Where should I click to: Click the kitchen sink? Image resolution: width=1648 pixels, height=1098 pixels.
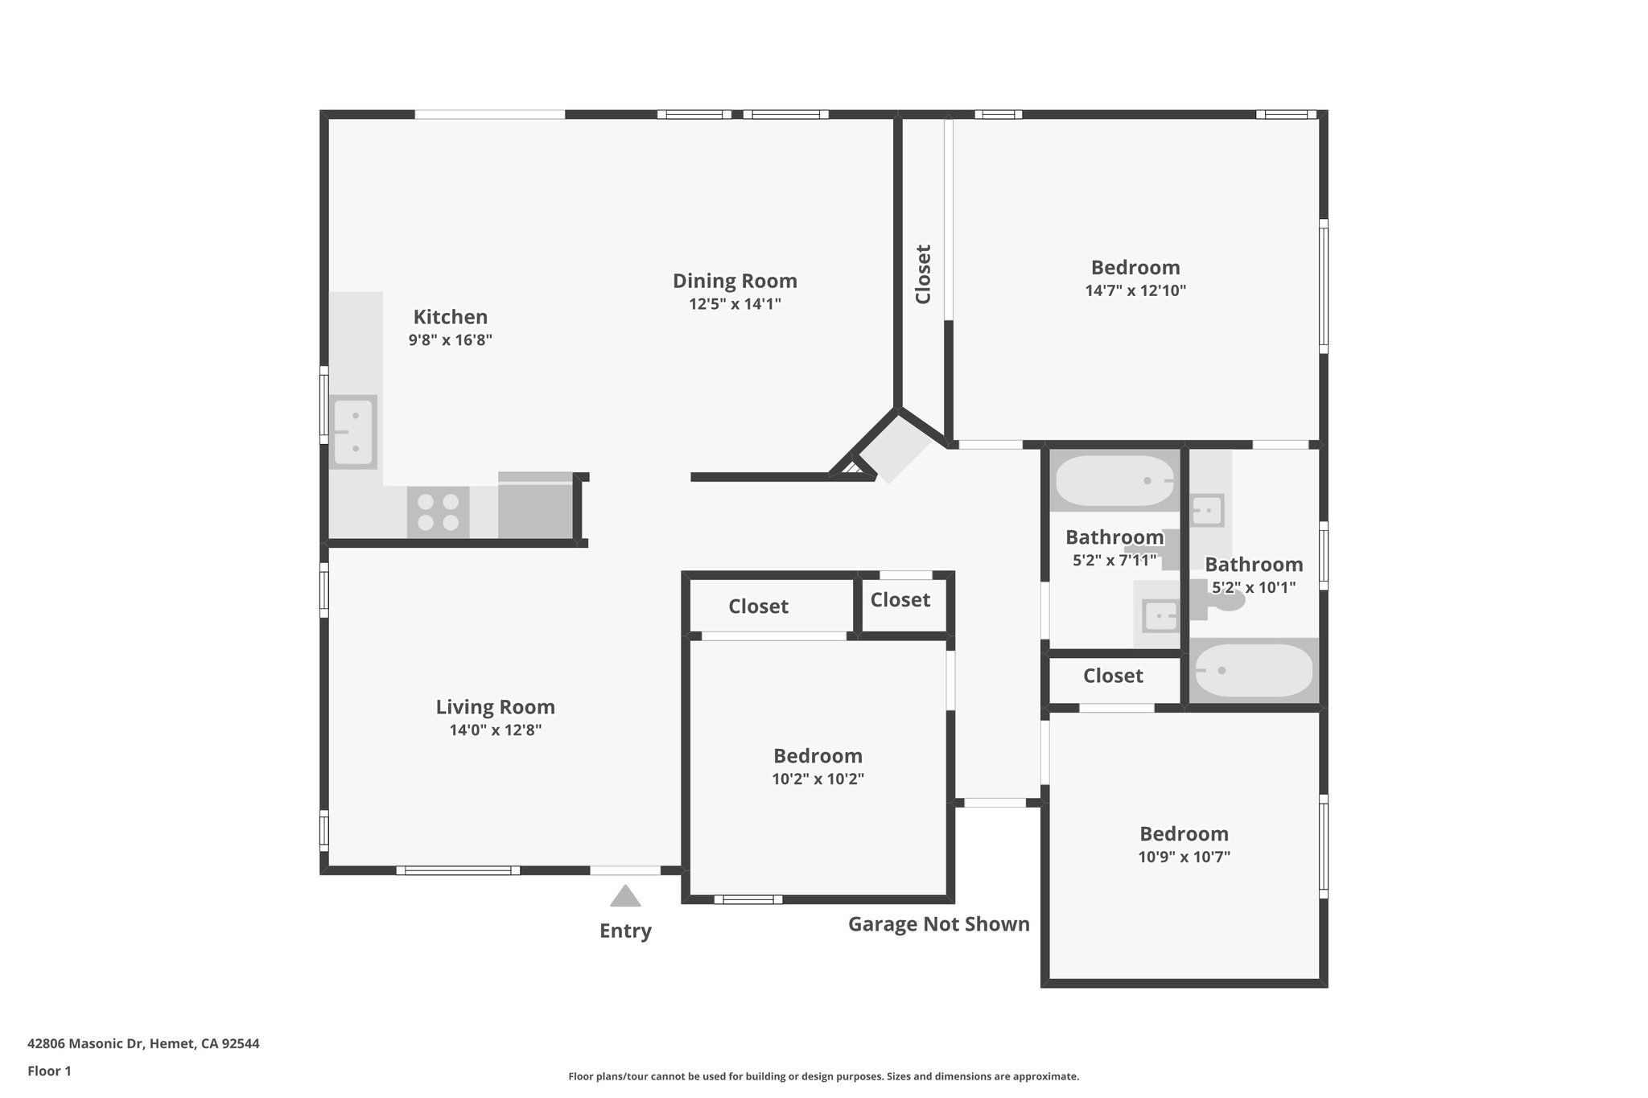point(353,432)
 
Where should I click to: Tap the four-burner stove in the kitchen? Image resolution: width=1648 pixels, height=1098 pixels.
point(438,512)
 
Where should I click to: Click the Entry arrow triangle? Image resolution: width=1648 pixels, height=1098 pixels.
point(625,896)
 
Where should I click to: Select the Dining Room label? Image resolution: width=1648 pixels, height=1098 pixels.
point(735,282)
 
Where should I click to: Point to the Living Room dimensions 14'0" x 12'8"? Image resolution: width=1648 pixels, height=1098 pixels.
point(495,730)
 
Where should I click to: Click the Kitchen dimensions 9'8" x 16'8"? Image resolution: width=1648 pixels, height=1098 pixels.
point(450,340)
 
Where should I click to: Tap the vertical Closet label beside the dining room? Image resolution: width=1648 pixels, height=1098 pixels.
point(923,274)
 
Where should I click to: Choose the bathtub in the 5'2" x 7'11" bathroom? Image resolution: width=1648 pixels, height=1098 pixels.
point(1114,481)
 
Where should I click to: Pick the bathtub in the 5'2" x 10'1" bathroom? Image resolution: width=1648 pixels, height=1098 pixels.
point(1254,670)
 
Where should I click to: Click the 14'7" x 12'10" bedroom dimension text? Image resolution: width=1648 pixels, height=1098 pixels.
point(1135,290)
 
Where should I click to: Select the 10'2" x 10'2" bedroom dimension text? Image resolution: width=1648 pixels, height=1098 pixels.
point(818,779)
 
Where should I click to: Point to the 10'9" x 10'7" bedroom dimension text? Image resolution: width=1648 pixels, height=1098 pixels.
point(1184,857)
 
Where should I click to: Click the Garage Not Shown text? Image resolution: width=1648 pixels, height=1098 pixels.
point(938,924)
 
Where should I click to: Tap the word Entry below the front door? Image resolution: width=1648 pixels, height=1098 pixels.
point(625,931)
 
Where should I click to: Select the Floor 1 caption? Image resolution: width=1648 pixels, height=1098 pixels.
point(49,1071)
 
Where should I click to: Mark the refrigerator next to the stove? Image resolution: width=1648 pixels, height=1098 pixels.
point(535,506)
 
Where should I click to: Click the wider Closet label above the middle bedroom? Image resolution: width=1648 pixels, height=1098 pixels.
point(758,607)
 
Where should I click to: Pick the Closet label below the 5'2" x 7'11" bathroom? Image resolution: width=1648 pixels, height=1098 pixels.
point(1113,676)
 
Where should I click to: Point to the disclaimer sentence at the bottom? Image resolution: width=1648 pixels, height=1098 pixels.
point(823,1076)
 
